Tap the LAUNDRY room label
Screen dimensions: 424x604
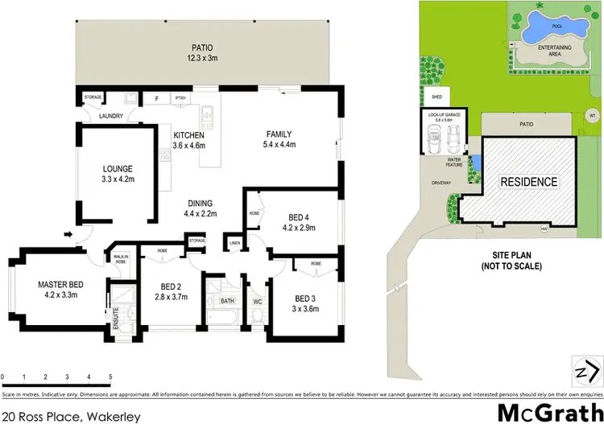pyautogui.click(x=111, y=116)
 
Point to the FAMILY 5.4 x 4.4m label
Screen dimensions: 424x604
pyautogui.click(x=279, y=140)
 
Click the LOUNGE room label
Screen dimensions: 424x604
pyautogui.click(x=118, y=175)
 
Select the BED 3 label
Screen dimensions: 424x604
pyautogui.click(x=304, y=301)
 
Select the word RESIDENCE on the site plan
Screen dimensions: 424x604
pyautogui.click(x=529, y=182)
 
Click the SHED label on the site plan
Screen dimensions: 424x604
pyautogui.click(x=437, y=96)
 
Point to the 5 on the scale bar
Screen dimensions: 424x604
pyautogui.click(x=110, y=377)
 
